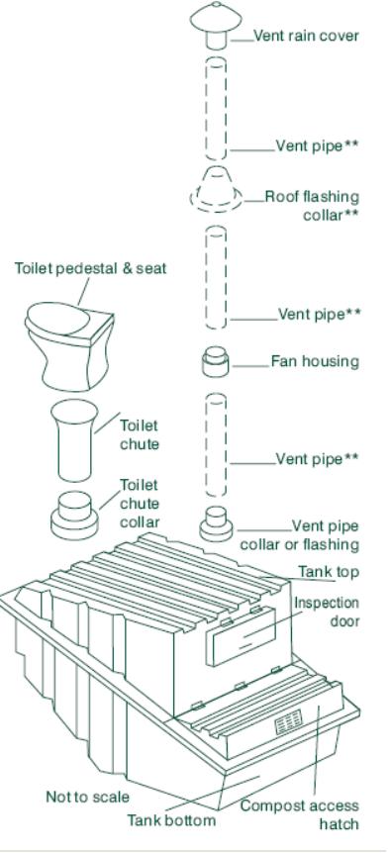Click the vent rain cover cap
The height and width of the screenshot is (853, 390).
[216, 25]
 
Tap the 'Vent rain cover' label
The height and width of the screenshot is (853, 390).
[306, 37]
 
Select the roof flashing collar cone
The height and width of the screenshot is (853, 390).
[216, 189]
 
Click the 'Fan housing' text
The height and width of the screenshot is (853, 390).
[315, 361]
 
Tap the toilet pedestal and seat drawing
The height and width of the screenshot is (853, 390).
[69, 346]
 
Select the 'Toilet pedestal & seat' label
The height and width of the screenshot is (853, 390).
[90, 268]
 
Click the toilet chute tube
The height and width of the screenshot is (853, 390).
[74, 440]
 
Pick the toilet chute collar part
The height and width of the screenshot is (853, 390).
[74, 515]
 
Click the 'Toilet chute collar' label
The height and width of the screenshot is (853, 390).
[140, 504]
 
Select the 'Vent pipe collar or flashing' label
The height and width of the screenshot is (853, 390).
[300, 535]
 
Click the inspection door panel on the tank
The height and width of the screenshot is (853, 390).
[244, 635]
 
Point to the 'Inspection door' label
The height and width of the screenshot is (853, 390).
[327, 612]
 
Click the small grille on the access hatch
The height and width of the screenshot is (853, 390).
[288, 721]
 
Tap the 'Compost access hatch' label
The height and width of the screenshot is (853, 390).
[300, 814]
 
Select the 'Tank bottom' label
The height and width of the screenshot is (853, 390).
[171, 819]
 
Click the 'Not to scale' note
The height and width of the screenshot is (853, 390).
[87, 797]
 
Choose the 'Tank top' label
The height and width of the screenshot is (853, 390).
[329, 572]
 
